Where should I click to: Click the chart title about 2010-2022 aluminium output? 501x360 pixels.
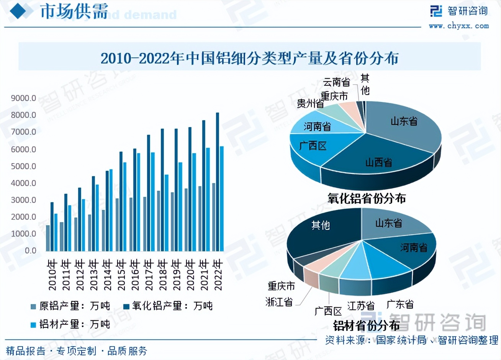(x=250, y=58)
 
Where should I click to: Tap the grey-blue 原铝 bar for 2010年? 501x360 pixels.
(x=48, y=238)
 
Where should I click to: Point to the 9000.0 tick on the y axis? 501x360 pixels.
(x=23, y=98)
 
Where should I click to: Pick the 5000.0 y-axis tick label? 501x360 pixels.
(x=23, y=166)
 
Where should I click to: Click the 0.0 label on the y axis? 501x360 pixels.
(x=30, y=251)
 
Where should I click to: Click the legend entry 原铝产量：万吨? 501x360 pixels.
(x=70, y=306)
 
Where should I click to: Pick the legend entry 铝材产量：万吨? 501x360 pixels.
(x=70, y=324)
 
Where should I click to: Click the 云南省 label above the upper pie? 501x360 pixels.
(x=336, y=82)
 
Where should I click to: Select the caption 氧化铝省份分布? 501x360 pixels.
(x=366, y=198)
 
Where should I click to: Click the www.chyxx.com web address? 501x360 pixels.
(x=459, y=26)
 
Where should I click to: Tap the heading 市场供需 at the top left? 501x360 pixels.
(x=74, y=11)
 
